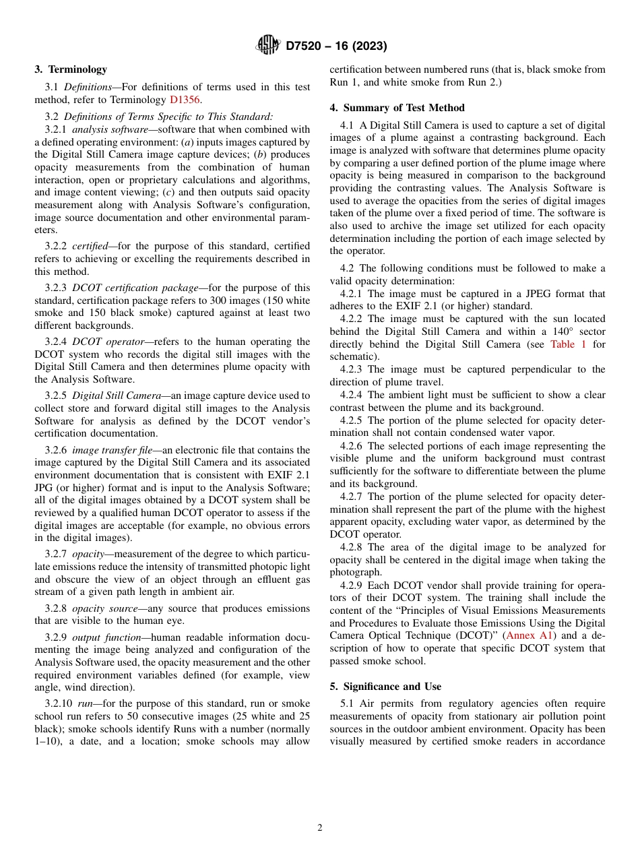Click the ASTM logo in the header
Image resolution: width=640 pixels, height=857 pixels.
[x=267, y=46]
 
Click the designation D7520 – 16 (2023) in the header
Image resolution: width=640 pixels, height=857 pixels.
[x=336, y=46]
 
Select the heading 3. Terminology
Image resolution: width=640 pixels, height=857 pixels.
[x=71, y=69]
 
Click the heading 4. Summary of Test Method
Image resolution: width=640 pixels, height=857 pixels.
[x=397, y=108]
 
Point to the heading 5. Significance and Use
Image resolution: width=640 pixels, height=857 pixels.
[x=385, y=687]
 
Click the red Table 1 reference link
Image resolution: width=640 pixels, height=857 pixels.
[x=568, y=344]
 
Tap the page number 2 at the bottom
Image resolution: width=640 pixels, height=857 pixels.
[x=320, y=828]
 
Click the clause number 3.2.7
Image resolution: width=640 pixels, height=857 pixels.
[x=56, y=554]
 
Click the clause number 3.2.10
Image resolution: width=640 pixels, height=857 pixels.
[x=59, y=703]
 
